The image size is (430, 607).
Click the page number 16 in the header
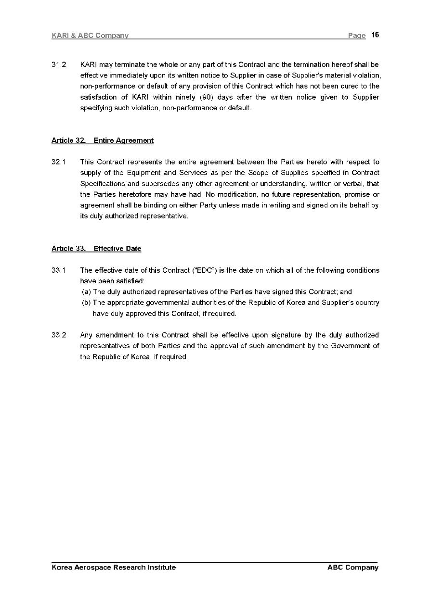(376, 35)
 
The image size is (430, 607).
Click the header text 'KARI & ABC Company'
(90, 36)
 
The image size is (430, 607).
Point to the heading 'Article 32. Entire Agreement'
(103, 140)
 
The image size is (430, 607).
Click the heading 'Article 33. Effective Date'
(96, 249)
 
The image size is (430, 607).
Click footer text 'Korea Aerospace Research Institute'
(114, 568)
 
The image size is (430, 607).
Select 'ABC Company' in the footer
(353, 568)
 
